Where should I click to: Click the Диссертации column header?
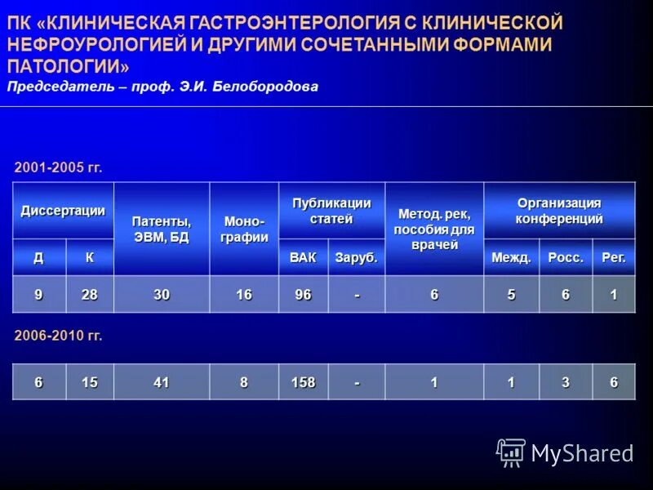(x=63, y=211)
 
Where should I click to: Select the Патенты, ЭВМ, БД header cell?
(x=162, y=229)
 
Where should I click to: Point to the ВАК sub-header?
(x=303, y=258)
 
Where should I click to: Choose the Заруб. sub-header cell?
(x=357, y=258)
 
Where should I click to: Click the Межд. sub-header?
(x=511, y=258)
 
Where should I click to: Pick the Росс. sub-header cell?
(x=566, y=258)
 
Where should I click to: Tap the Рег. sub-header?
(x=614, y=258)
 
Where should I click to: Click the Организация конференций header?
(x=559, y=211)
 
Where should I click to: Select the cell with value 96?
(x=303, y=295)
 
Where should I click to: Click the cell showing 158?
(x=303, y=382)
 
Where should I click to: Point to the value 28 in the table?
(x=89, y=295)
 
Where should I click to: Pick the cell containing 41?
(x=162, y=382)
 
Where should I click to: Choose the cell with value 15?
(x=89, y=382)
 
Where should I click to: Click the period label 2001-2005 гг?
(x=59, y=167)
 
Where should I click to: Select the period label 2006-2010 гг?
(x=59, y=336)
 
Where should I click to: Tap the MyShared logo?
(x=565, y=452)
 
